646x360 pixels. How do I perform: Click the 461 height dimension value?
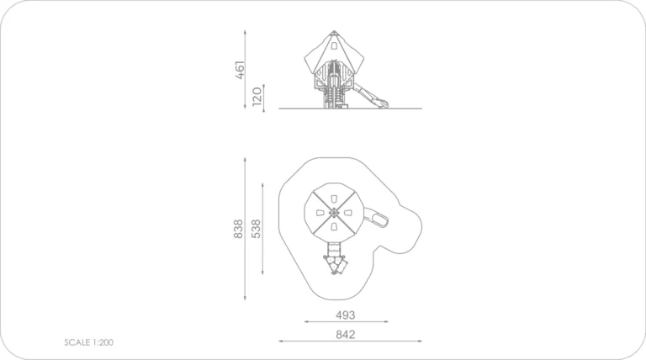tap(240, 70)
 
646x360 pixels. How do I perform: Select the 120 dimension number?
tap(257, 96)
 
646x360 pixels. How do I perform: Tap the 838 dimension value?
tap(238, 229)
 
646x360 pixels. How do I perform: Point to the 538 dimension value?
tap(256, 229)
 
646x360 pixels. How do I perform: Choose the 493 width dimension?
tap(345, 315)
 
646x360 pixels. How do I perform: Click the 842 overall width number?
tap(345, 335)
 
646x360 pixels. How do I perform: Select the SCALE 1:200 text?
tap(88, 342)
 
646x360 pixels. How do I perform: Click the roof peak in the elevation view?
tap(334, 31)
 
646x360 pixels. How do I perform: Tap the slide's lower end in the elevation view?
tap(384, 103)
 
